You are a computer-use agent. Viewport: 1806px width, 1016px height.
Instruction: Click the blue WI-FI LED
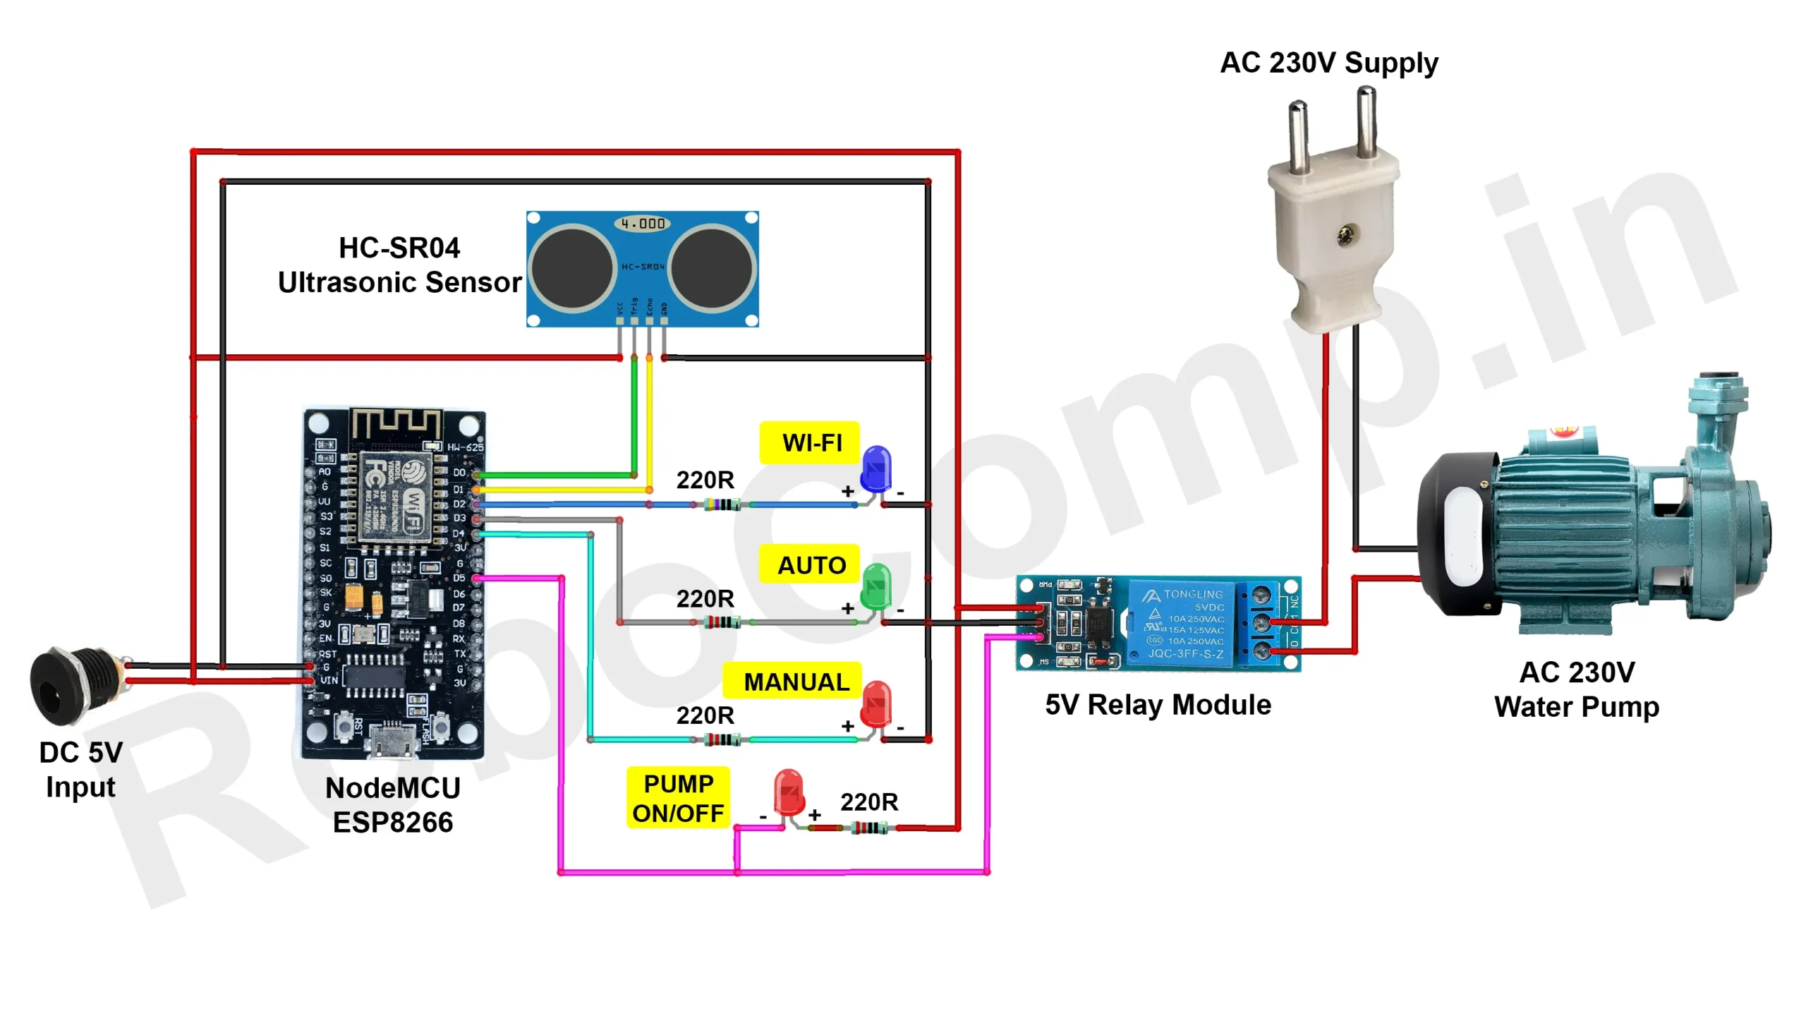coord(876,468)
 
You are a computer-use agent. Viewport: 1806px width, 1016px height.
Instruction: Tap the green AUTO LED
coord(876,586)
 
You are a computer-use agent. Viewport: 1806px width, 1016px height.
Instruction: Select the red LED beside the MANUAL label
coord(876,703)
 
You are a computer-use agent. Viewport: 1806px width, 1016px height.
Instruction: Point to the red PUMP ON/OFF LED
coord(788,792)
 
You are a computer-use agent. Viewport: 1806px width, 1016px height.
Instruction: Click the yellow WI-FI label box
coord(811,443)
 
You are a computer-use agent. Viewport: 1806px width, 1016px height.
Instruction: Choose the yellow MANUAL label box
coord(793,682)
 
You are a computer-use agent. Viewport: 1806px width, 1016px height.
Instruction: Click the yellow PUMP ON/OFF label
coord(678,798)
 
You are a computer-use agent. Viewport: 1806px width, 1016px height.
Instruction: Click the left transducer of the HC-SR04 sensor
coord(571,267)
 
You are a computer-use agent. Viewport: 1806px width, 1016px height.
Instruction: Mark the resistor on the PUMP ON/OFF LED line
coord(868,828)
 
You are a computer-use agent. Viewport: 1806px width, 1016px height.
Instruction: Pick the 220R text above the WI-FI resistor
coord(705,480)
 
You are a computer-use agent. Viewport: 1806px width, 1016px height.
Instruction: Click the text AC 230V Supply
coord(1328,63)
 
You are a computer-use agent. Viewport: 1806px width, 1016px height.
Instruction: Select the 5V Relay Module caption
coord(1158,705)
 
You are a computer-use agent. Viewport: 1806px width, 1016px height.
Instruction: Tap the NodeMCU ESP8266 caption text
coord(393,805)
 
